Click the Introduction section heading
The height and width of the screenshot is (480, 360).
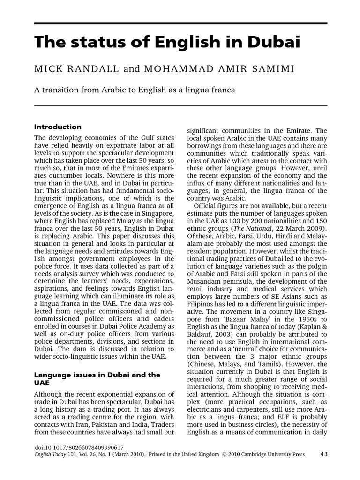(x=58, y=127)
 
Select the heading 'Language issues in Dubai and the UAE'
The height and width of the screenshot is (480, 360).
(x=97, y=379)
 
